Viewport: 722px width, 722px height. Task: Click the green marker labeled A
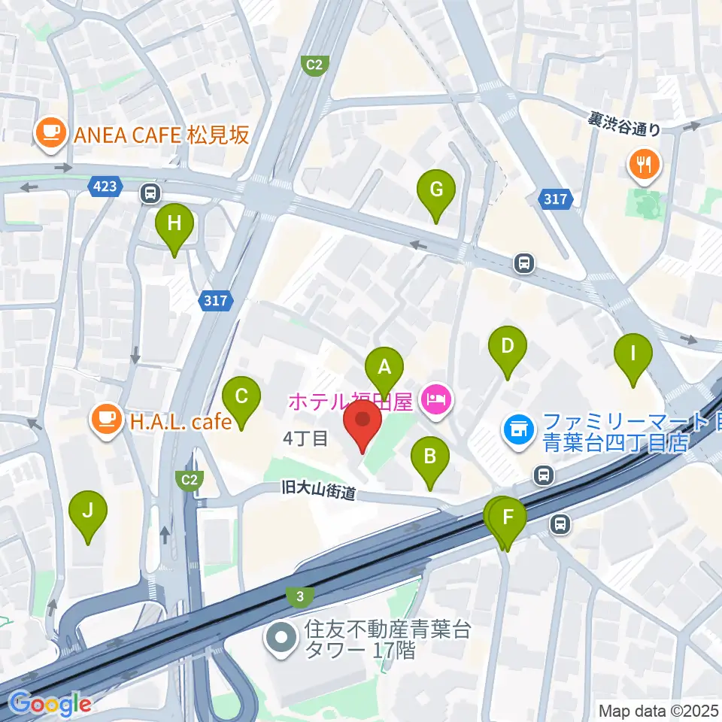point(384,369)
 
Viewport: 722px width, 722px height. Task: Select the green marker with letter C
point(241,396)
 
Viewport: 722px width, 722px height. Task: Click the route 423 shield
point(105,187)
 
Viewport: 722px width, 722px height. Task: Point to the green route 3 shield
point(300,596)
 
